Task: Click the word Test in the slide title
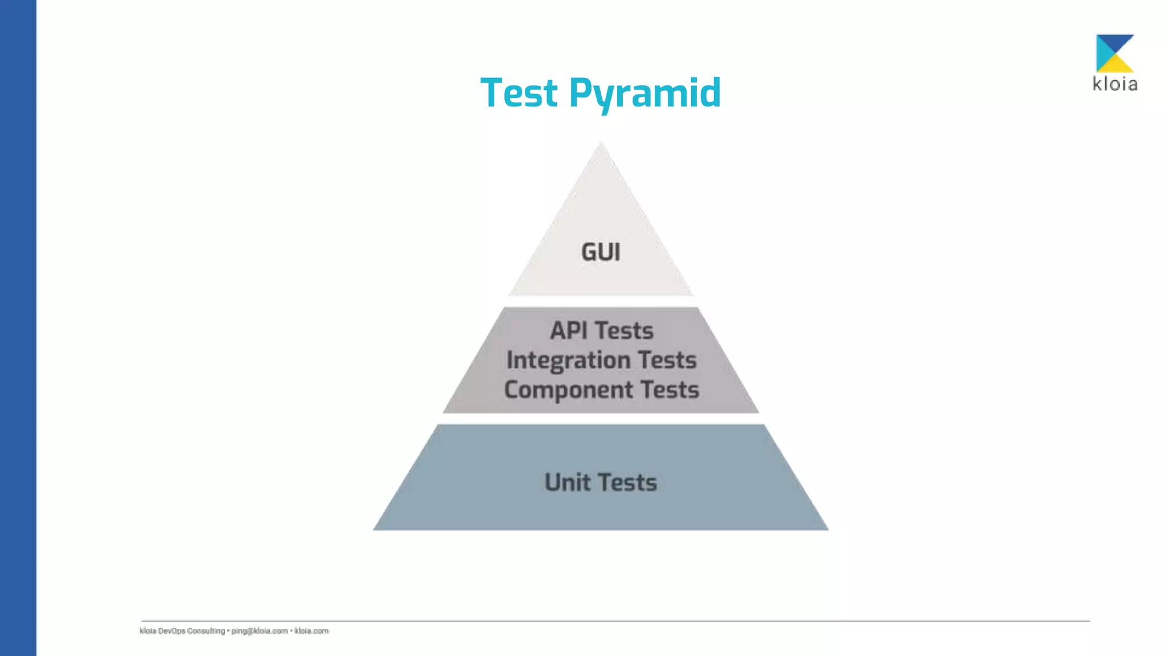[x=519, y=93]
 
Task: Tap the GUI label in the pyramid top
[x=601, y=252]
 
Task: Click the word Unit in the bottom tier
[x=567, y=483]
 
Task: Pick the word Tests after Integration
[x=667, y=360]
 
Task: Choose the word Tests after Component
[x=670, y=390]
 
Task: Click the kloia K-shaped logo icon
[x=1114, y=53]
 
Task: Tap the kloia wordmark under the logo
[x=1115, y=84]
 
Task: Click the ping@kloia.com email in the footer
[x=260, y=631]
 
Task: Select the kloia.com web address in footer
[x=311, y=631]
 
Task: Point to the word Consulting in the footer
[x=206, y=631]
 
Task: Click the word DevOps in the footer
[x=171, y=631]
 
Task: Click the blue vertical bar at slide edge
[x=18, y=328]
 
